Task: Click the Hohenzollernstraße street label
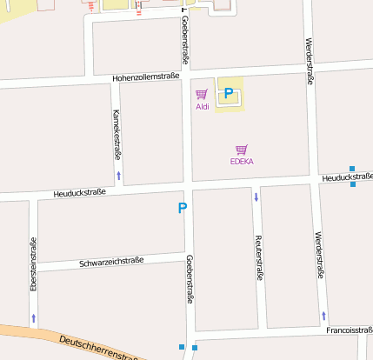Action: click(x=145, y=77)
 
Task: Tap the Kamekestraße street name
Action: click(x=117, y=134)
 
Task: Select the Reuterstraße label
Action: click(x=258, y=257)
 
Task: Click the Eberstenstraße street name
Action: click(x=32, y=263)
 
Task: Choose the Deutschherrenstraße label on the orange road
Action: click(x=100, y=348)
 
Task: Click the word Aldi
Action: click(x=202, y=107)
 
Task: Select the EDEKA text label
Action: click(x=242, y=161)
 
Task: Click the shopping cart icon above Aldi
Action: click(x=202, y=94)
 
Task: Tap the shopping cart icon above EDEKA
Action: click(x=242, y=149)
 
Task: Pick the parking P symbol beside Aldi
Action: click(x=229, y=93)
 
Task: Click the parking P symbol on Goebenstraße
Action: click(x=183, y=208)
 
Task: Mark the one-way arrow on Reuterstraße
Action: click(x=256, y=197)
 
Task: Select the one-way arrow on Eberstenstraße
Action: click(x=34, y=318)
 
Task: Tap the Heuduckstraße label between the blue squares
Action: click(x=346, y=177)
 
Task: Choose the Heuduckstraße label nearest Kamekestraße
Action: click(x=79, y=192)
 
